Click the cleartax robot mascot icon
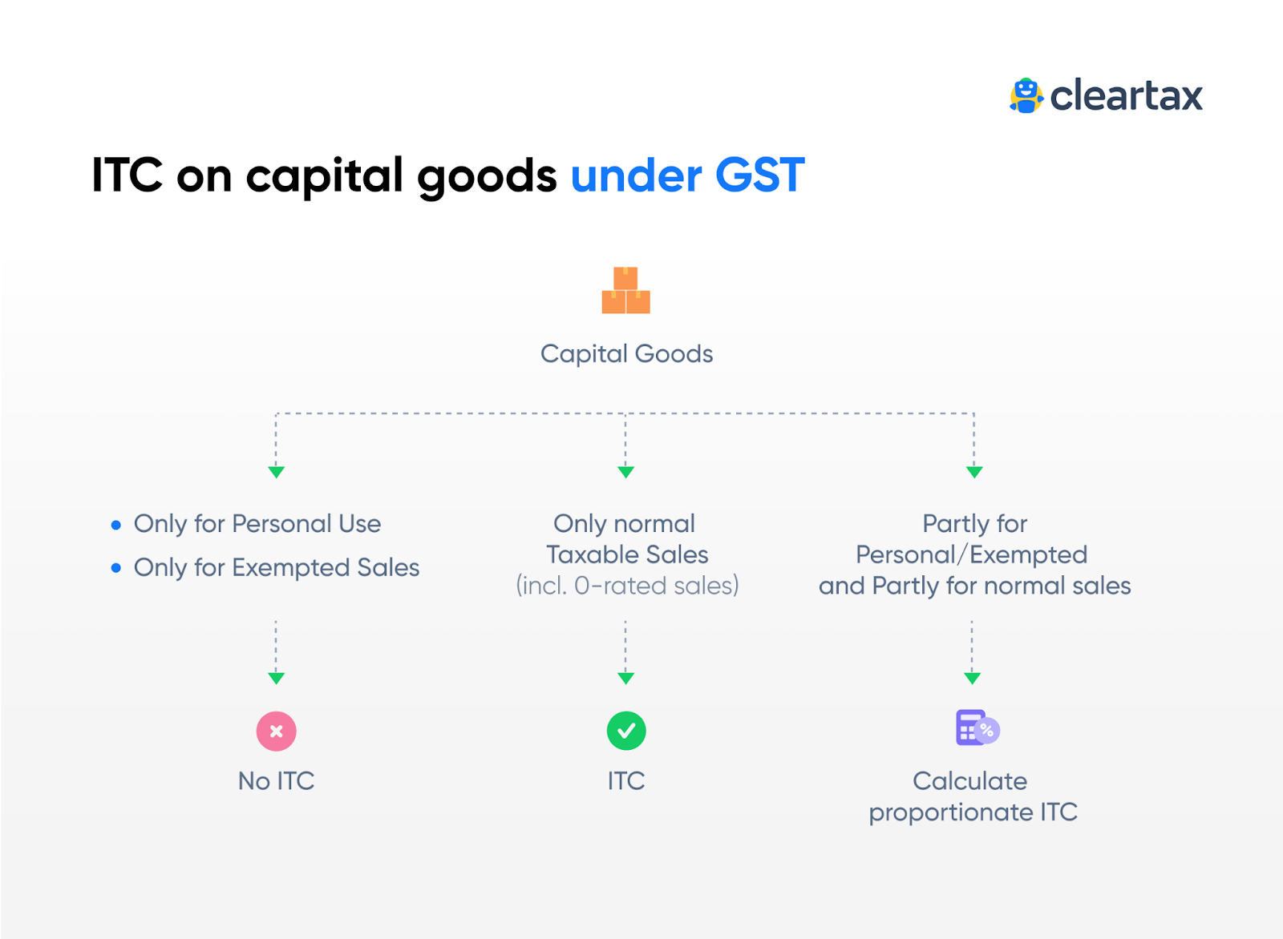[1026, 96]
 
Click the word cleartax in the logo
[1126, 96]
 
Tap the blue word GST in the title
[759, 175]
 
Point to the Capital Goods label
[626, 353]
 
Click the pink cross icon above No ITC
[276, 731]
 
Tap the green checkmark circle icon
[626, 731]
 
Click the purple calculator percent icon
[977, 727]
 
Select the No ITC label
[276, 780]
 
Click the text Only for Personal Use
[257, 523]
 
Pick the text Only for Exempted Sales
[277, 567]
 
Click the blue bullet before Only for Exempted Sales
[116, 568]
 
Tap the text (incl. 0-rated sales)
[627, 586]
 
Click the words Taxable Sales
[627, 554]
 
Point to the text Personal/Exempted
[971, 554]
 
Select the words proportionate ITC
[973, 812]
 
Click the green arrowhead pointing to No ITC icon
[276, 678]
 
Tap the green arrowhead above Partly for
[974, 472]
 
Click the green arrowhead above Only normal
[626, 472]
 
